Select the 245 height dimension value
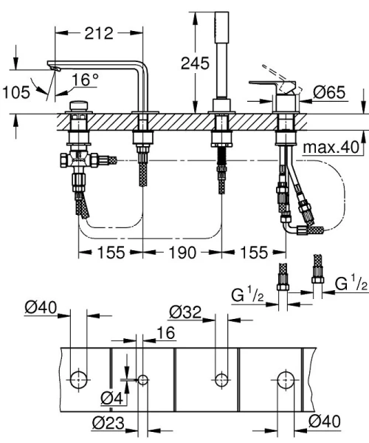[194, 63]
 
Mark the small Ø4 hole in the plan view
[142, 380]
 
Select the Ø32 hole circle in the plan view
[219, 380]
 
